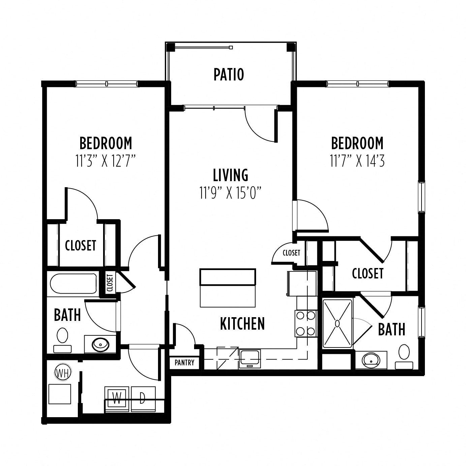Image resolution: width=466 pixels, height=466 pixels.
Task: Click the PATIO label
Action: (229, 74)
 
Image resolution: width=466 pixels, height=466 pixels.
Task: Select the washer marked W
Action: (117, 399)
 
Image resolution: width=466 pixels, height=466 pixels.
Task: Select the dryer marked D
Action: (143, 399)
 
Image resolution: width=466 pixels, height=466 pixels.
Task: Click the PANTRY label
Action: (184, 363)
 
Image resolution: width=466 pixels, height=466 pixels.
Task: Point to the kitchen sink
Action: (249, 359)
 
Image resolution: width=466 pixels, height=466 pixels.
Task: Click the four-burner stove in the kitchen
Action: (305, 323)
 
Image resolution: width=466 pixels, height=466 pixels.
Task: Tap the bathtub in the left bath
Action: (73, 284)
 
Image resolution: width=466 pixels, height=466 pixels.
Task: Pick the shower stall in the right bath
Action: (337, 324)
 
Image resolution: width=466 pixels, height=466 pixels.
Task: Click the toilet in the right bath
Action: (404, 356)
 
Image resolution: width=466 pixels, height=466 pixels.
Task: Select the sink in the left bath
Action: (100, 344)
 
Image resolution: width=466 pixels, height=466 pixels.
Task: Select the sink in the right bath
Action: (371, 360)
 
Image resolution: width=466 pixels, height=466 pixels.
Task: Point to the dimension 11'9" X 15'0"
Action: (230, 193)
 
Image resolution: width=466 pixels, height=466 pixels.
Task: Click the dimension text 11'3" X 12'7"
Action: (105, 161)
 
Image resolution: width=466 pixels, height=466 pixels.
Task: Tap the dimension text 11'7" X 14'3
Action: (357, 161)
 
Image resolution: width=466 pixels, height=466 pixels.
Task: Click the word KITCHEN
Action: (242, 324)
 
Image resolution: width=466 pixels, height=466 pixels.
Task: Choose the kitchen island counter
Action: (228, 288)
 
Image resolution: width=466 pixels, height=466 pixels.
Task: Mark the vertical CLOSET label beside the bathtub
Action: (110, 283)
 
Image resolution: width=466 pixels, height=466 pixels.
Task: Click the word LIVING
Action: (230, 175)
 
